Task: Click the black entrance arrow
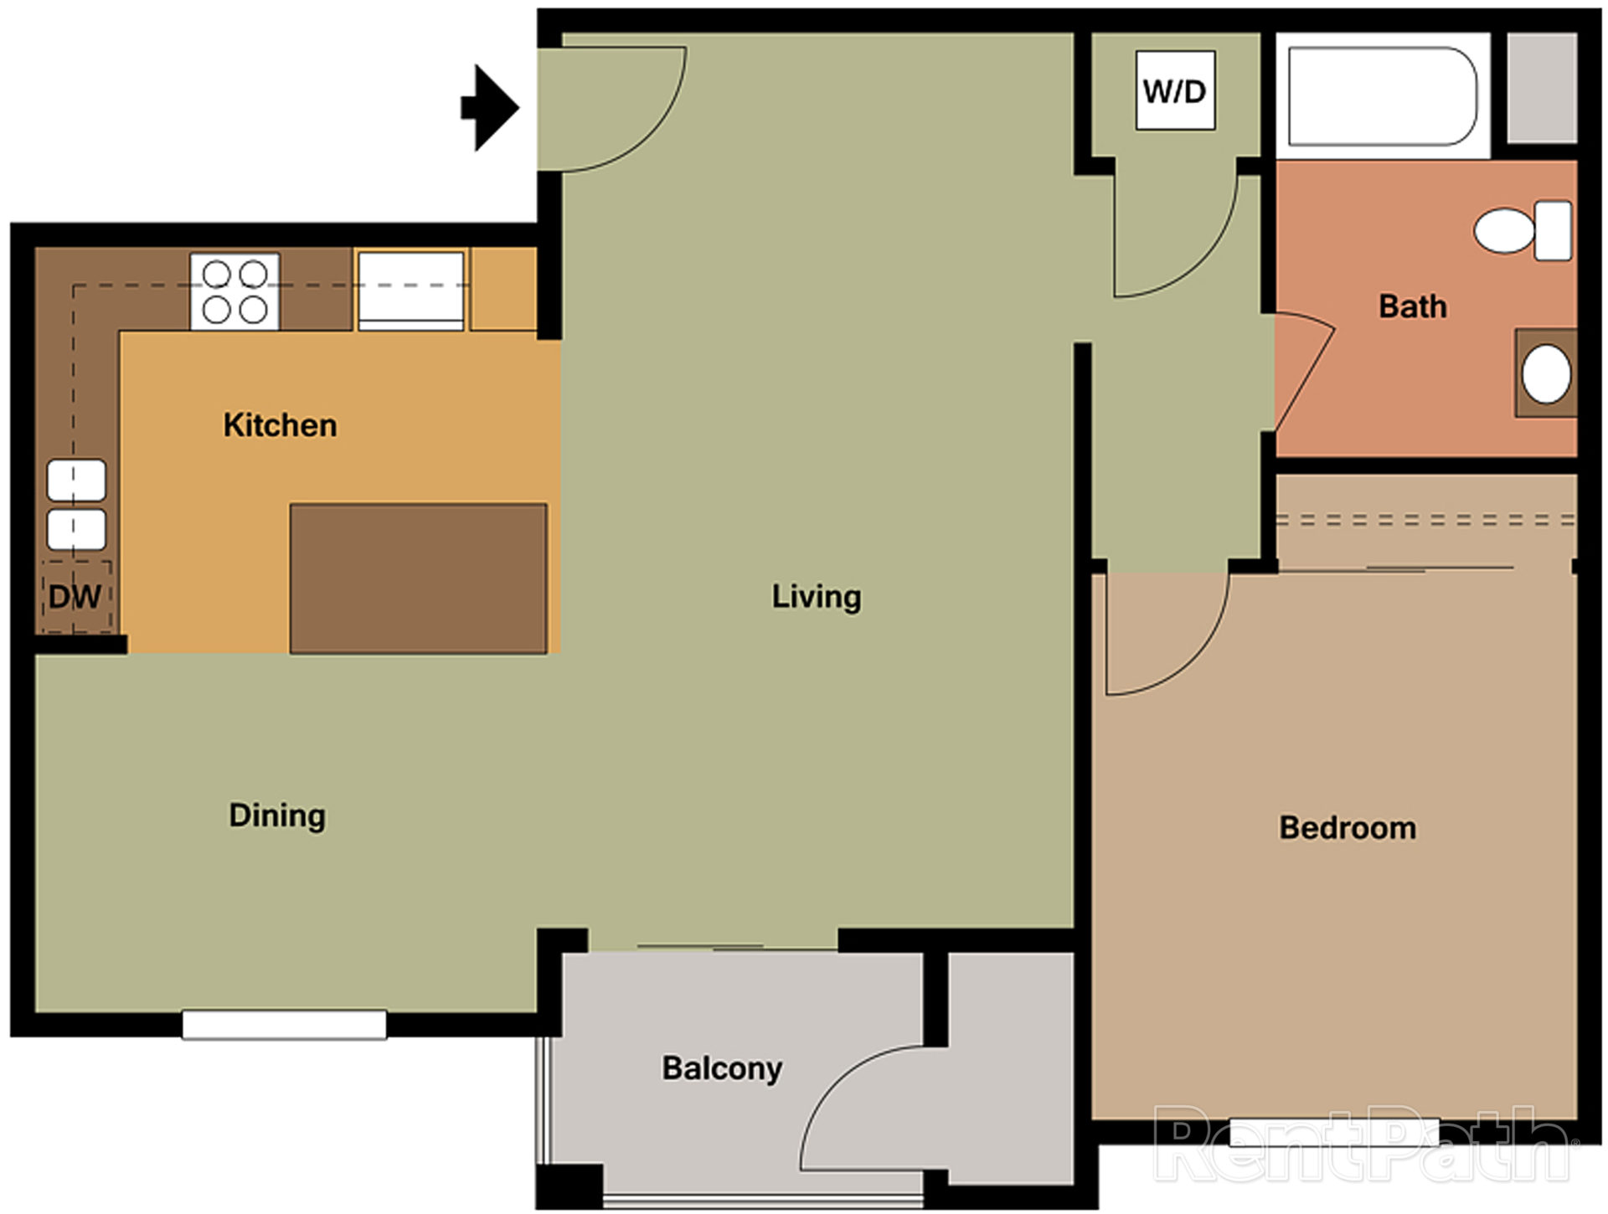pos(492,108)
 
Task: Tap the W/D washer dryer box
pos(1174,90)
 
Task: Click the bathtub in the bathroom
pos(1382,96)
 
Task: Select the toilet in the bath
pos(1522,230)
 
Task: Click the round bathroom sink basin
pos(1545,374)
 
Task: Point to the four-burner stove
pos(234,291)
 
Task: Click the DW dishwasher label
pos(75,597)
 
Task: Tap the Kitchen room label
pos(280,425)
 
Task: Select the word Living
pos(816,597)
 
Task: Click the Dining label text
pos(277,815)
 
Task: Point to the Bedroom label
pos(1347,828)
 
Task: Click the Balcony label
pos(722,1068)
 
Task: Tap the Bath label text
pos(1412,306)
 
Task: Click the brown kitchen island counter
pos(418,578)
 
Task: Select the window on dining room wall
pos(284,1025)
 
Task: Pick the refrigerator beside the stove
pos(410,289)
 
